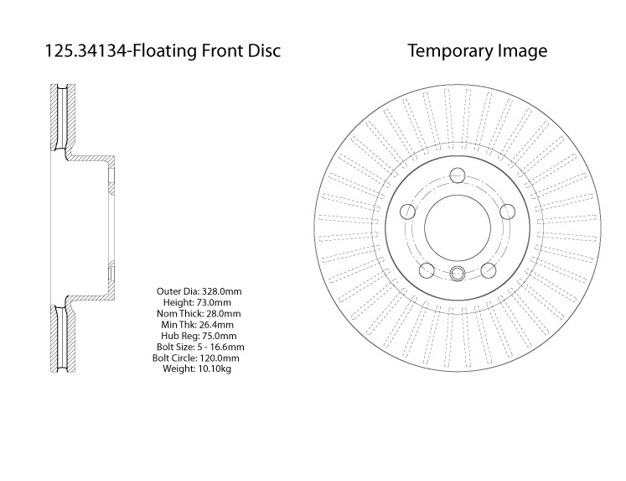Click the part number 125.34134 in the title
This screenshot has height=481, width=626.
pos(85,50)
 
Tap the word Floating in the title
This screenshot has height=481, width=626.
pos(164,51)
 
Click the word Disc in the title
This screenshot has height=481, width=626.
pos(264,50)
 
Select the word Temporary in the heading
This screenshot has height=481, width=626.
pos(450,51)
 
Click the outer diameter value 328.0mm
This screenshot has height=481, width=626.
pos(221,291)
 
